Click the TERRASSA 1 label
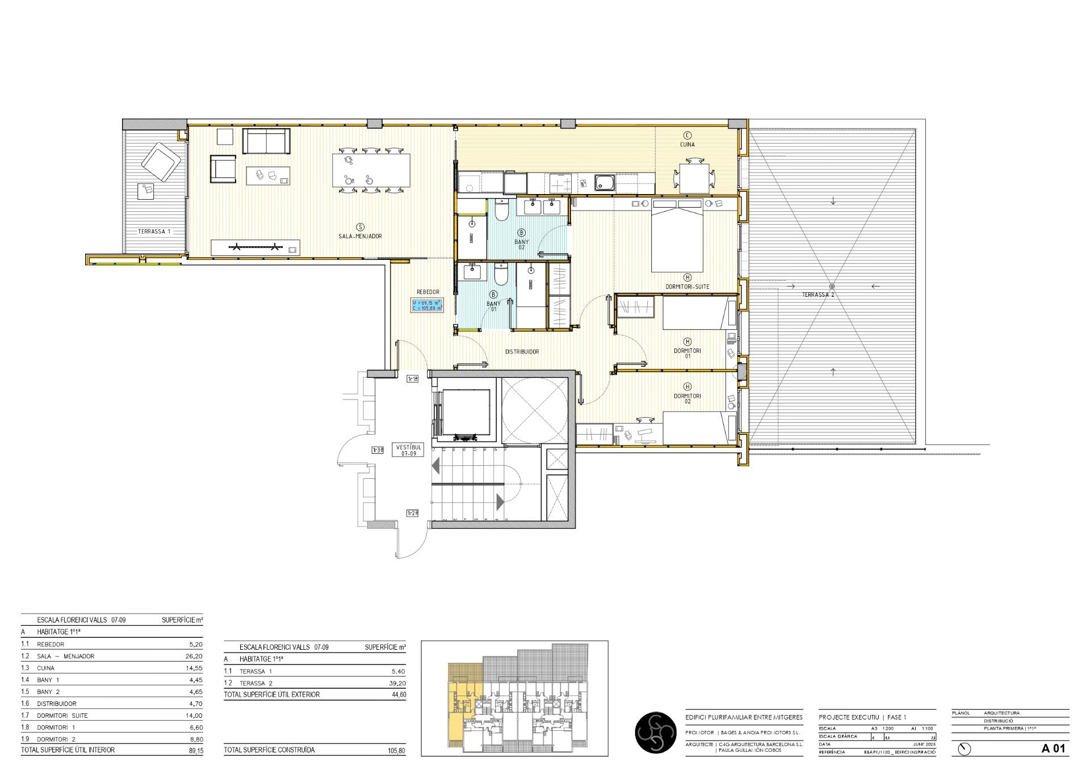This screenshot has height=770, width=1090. pyautogui.click(x=154, y=232)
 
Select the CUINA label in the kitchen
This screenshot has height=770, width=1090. pyautogui.click(x=687, y=144)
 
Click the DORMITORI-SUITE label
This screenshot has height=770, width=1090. pyautogui.click(x=687, y=287)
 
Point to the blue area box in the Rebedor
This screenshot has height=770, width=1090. pyautogui.click(x=427, y=305)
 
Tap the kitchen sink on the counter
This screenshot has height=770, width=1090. pyautogui.click(x=603, y=183)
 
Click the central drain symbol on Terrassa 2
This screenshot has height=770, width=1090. pyautogui.click(x=832, y=286)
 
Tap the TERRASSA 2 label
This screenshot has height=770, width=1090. pyautogui.click(x=817, y=295)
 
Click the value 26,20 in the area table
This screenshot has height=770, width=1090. pyautogui.click(x=194, y=656)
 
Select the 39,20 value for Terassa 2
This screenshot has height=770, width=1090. pyautogui.click(x=397, y=683)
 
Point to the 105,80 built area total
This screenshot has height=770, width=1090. pyautogui.click(x=396, y=750)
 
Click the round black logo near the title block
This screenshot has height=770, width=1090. pyautogui.click(x=655, y=733)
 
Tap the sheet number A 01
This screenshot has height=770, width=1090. pyautogui.click(x=1053, y=748)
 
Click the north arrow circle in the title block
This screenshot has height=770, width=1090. pyautogui.click(x=964, y=749)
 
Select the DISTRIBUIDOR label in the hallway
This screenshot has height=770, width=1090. pyautogui.click(x=522, y=352)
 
